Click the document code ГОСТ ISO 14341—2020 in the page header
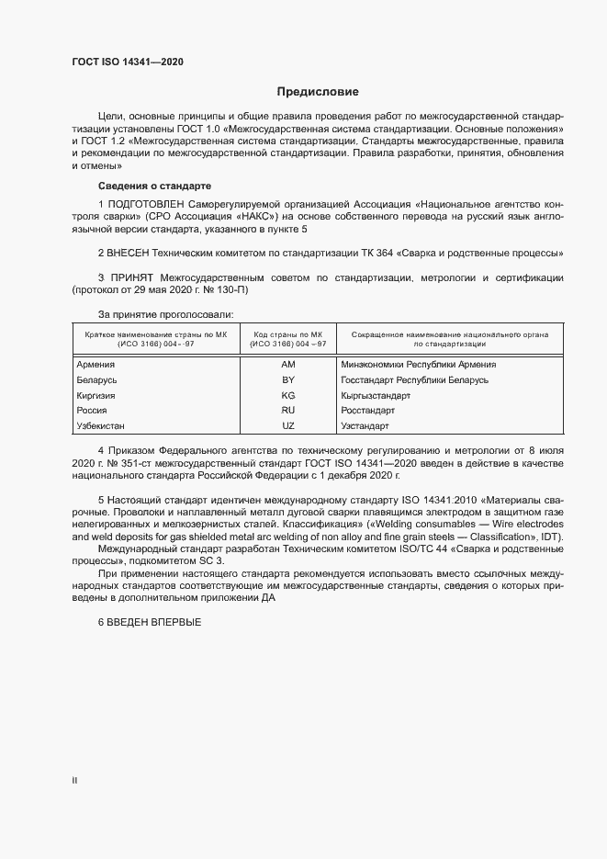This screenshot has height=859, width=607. point(128,62)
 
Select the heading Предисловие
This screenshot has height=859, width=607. point(318,92)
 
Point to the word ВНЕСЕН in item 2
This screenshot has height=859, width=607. point(132,252)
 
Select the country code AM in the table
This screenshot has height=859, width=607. point(287,365)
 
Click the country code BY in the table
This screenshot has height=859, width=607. point(287,379)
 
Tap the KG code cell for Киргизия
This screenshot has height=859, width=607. point(287,395)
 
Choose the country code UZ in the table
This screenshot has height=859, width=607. point(287,426)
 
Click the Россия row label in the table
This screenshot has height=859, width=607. point(93,411)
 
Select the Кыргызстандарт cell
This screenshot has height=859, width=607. point(375,395)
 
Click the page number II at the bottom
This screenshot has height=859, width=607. point(74,781)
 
